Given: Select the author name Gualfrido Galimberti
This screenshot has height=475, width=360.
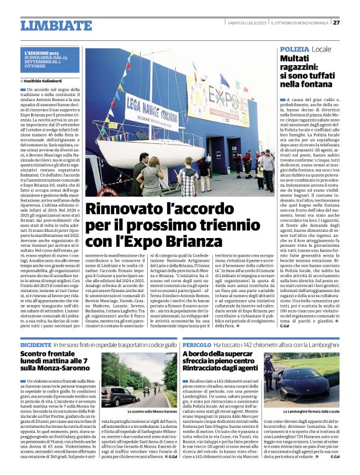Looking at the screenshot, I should click(47, 81).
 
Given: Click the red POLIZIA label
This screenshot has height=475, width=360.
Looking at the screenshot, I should click(294, 48).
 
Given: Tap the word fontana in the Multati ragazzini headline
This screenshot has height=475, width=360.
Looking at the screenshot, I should click(317, 83).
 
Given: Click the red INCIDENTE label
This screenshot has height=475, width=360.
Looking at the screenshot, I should click(36, 344).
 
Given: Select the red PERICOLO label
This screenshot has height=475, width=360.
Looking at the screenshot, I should click(197, 344).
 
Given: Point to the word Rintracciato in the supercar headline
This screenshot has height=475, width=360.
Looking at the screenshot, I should click(211, 368).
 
